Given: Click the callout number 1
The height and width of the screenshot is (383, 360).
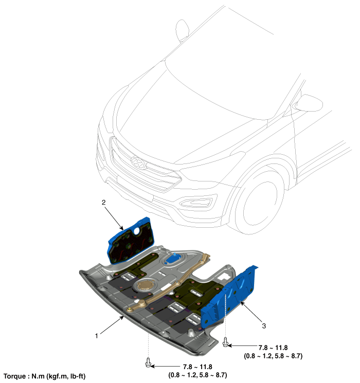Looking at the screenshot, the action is tap(97, 336).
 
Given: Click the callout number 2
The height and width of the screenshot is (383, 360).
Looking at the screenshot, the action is tap(103, 202).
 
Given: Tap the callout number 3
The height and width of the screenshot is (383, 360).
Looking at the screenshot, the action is tap(264, 325).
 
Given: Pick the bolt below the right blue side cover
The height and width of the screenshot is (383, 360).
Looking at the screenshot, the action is tap(225, 342).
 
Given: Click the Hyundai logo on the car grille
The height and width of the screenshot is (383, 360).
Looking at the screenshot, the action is tap(138, 162).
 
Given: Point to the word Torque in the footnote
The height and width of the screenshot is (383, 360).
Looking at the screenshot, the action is tap(14, 376).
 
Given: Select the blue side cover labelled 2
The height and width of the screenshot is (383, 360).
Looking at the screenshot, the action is tap(131, 241).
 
